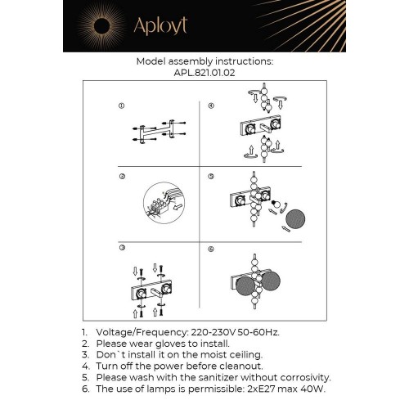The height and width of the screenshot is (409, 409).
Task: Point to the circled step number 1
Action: [x=121, y=106]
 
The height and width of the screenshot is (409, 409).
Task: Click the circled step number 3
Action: [x=121, y=247]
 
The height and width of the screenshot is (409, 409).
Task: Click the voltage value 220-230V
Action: [x=211, y=333]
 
